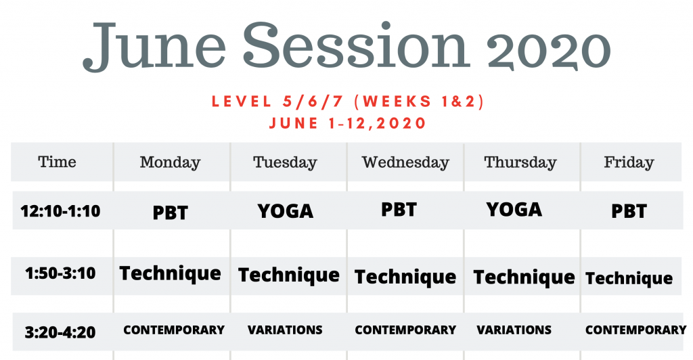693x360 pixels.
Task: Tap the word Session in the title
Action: pyautogui.click(x=355, y=45)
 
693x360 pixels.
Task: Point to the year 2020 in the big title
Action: pyautogui.click(x=548, y=49)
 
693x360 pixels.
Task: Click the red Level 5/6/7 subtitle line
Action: pyautogui.click(x=348, y=102)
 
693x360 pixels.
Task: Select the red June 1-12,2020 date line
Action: pyautogui.click(x=347, y=122)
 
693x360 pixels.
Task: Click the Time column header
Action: pyautogui.click(x=57, y=162)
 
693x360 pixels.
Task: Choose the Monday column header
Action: pyautogui.click(x=170, y=163)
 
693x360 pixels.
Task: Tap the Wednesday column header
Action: pyautogui.click(x=405, y=162)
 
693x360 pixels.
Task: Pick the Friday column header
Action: pyautogui.click(x=629, y=163)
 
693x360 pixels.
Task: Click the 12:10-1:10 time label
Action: pyautogui.click(x=60, y=211)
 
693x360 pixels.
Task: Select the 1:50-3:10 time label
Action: pyautogui.click(x=60, y=273)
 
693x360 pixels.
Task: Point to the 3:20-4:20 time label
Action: pyautogui.click(x=60, y=332)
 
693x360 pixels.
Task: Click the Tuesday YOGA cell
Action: pyautogui.click(x=286, y=211)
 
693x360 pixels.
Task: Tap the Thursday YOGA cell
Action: pyautogui.click(x=514, y=209)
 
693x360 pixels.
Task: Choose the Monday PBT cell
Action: pyautogui.click(x=170, y=213)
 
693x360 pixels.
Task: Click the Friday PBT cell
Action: pyautogui.click(x=629, y=211)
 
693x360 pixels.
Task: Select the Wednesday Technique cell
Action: pyautogui.click(x=405, y=277)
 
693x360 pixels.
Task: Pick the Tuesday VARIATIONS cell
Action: pyautogui.click(x=285, y=330)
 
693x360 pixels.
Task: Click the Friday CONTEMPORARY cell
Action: pyautogui.click(x=636, y=330)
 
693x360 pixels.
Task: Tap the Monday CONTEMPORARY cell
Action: pyautogui.click(x=174, y=330)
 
